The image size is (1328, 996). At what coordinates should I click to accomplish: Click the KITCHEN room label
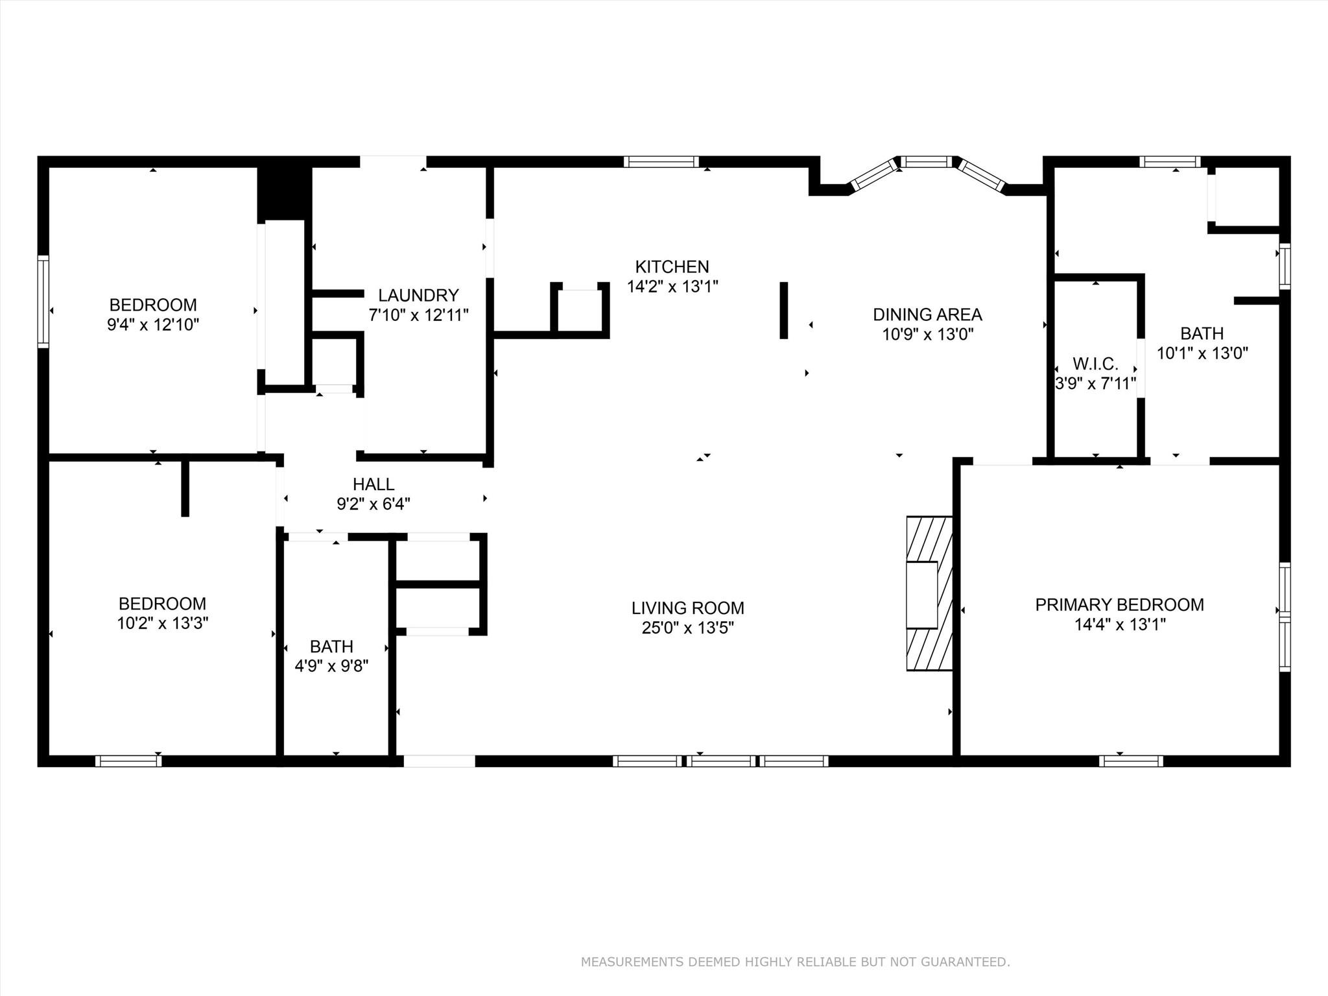click(x=672, y=267)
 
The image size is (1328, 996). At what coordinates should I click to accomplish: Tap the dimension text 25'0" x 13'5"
click(x=687, y=628)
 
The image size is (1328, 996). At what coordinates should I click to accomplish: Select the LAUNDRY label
click(x=418, y=295)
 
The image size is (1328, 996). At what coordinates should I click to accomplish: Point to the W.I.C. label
click(x=1095, y=364)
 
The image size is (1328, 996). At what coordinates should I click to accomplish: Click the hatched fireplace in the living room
click(x=929, y=593)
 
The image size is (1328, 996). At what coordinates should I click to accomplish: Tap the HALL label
click(x=373, y=484)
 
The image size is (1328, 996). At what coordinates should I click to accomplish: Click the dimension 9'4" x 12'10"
click(x=153, y=324)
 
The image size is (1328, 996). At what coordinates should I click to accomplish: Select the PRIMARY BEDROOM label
click(x=1119, y=604)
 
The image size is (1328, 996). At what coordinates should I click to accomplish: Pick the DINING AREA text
click(x=927, y=314)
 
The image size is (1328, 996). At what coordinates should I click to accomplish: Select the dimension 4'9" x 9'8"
click(x=331, y=666)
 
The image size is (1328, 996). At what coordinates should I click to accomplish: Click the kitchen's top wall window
click(x=661, y=162)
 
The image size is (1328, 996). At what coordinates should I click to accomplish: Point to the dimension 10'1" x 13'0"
click(x=1202, y=353)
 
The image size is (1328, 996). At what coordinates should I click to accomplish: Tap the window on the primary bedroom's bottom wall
click(x=1130, y=761)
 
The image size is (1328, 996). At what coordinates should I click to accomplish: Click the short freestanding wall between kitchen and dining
click(x=783, y=310)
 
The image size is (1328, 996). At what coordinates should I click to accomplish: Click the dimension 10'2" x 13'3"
click(x=162, y=623)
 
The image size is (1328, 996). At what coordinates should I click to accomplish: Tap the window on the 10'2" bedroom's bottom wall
click(x=128, y=761)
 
